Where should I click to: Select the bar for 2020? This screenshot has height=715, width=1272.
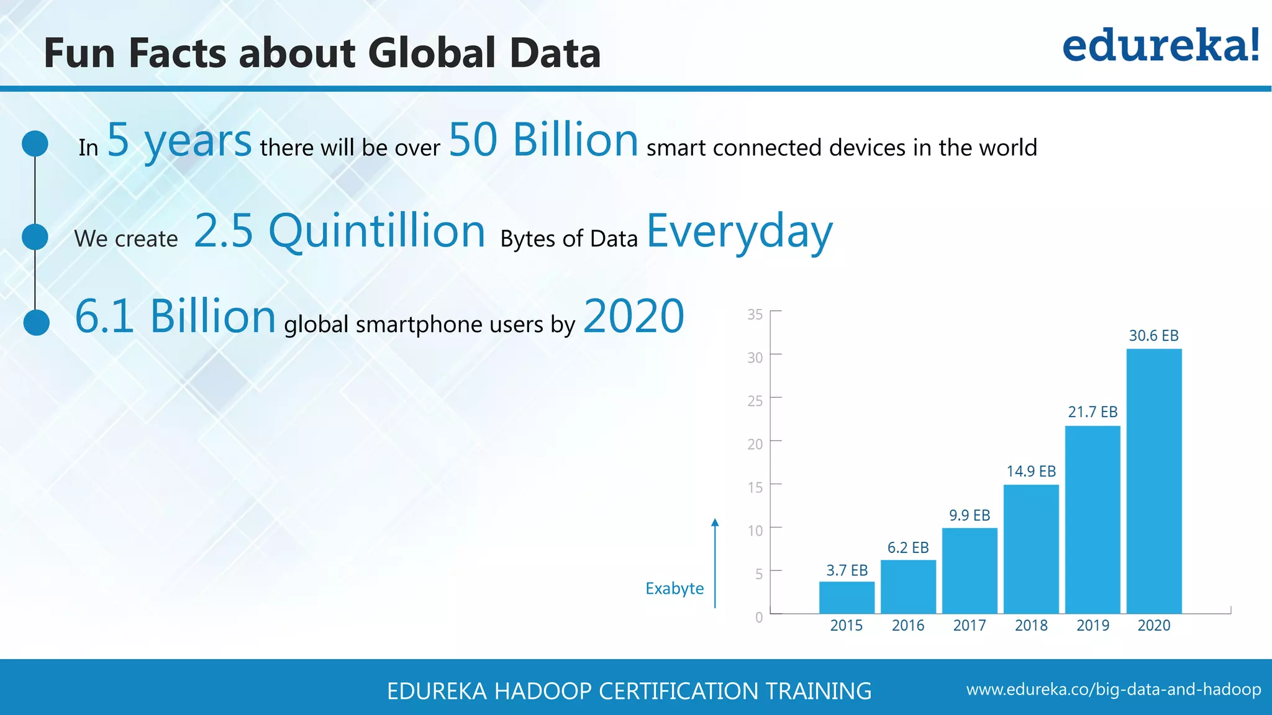tap(1154, 481)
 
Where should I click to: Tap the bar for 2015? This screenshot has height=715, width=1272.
tap(847, 597)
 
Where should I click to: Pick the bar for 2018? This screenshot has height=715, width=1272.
tap(1031, 549)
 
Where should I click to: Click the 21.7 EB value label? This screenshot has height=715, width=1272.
tap(1093, 412)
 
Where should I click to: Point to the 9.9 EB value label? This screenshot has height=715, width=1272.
tap(970, 515)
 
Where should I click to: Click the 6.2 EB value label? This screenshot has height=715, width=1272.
tap(908, 547)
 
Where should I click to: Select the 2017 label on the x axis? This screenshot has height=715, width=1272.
tap(970, 626)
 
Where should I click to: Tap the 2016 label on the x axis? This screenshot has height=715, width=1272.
tap(908, 626)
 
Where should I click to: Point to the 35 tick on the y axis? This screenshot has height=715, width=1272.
tap(755, 315)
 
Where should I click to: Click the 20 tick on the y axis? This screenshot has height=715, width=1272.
tap(755, 444)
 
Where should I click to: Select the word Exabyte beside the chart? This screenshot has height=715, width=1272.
tap(675, 588)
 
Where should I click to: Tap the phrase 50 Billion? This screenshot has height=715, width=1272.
tap(543, 140)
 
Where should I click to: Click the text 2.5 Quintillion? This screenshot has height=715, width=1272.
tap(339, 231)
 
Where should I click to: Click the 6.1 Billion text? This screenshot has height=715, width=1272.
tap(175, 316)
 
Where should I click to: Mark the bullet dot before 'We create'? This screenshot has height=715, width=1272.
tap(35, 237)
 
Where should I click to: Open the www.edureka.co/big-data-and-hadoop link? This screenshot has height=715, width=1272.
tap(1114, 690)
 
